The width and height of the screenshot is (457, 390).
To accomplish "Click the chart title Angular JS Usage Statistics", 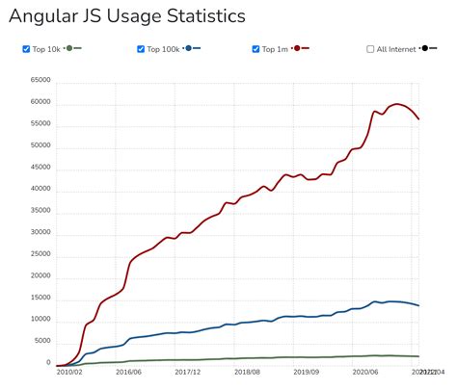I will pos(126,16).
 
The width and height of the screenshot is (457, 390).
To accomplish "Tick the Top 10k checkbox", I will pos(25,49).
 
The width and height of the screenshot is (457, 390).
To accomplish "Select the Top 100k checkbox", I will pos(141,49).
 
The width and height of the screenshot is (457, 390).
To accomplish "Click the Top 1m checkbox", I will pos(256,49).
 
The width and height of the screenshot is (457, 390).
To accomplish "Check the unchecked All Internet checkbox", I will pos(371,49).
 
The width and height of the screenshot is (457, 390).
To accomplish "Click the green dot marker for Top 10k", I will pos(69,48).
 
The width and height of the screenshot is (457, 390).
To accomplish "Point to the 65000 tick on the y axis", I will pos(40,82).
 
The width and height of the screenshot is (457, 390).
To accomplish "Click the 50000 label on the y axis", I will pos(40,146).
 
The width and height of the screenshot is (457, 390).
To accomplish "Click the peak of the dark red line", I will pos(396,104).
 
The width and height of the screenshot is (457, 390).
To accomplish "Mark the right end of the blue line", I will pos(418,305).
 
